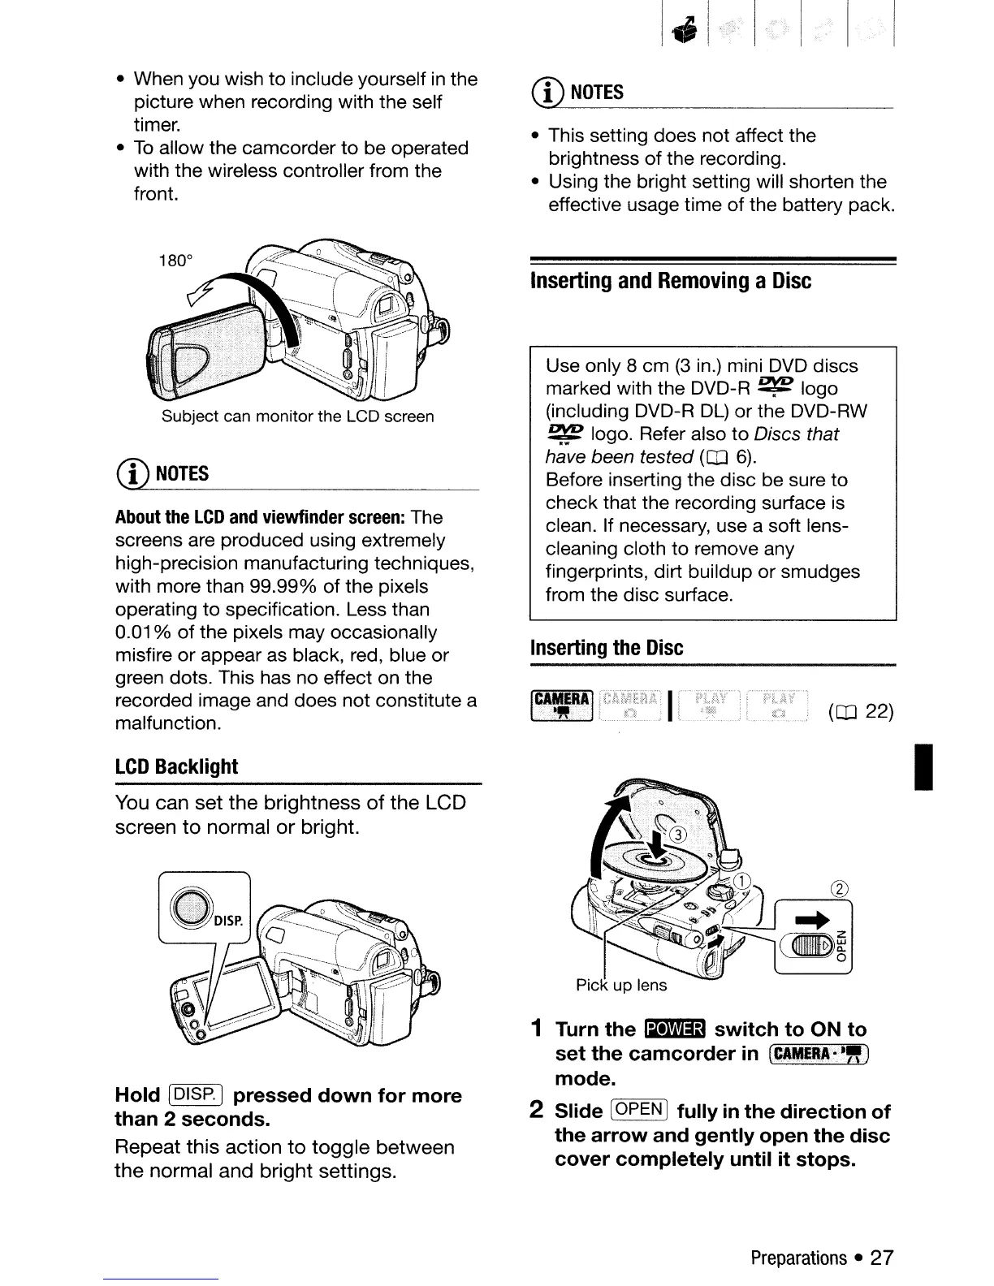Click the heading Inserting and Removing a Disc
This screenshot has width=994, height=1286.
coord(670,281)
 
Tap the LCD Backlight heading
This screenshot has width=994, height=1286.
coord(176,767)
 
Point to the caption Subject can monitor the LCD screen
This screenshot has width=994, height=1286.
coord(297,416)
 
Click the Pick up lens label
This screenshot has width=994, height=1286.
coord(620,986)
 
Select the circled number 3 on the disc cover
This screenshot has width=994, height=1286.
coord(677,835)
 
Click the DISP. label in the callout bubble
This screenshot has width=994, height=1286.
coord(229,921)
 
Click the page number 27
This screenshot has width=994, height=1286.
coord(881,1258)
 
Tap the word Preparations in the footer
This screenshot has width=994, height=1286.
coord(798,1258)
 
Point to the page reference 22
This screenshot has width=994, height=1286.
coord(879,712)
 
